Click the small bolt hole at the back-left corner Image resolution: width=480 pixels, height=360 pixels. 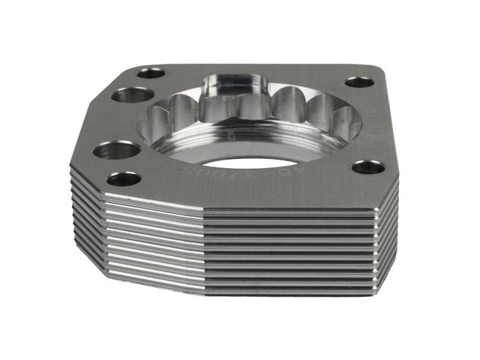point(151,73)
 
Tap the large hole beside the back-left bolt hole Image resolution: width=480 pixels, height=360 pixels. point(133,94)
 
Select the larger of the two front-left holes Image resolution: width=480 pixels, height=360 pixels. point(117,150)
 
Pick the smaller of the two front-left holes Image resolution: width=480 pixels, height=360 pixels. point(124,179)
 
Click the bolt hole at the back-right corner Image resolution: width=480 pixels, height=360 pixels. point(356,82)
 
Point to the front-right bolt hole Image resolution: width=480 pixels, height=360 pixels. point(367,166)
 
